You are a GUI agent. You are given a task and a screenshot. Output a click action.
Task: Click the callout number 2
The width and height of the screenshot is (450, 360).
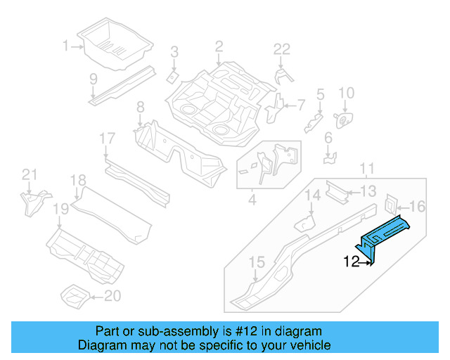point(219,47)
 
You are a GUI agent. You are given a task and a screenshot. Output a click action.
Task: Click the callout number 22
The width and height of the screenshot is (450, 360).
point(281,49)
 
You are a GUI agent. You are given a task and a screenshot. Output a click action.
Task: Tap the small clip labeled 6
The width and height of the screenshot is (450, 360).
point(328,157)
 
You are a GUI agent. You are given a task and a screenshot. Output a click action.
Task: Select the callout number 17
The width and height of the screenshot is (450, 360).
point(106,139)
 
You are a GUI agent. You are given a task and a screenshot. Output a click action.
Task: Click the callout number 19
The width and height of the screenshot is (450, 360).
point(60,208)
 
